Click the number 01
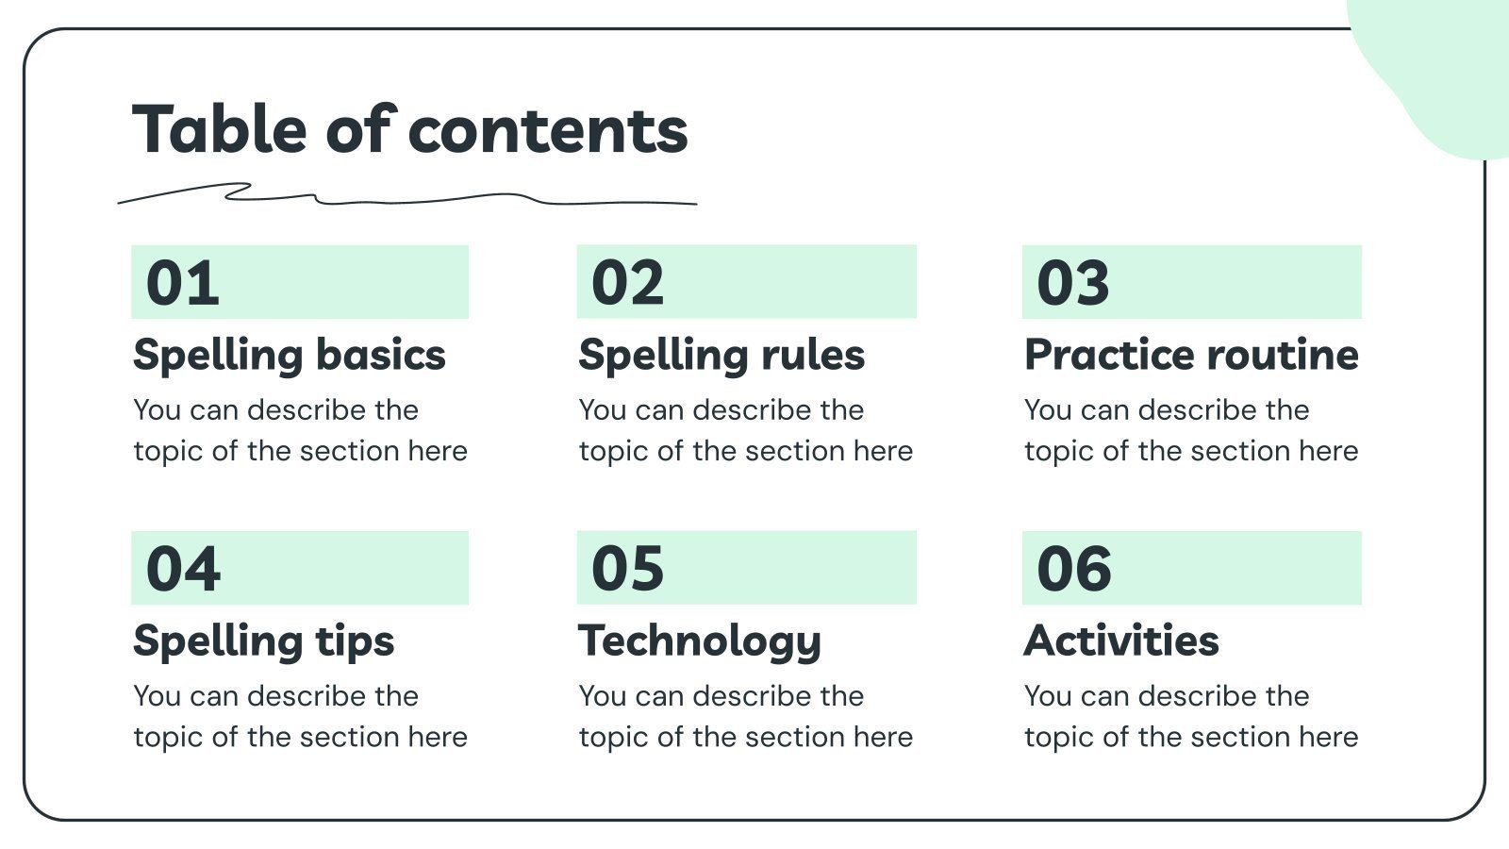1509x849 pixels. click(183, 283)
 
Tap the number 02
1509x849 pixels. click(628, 283)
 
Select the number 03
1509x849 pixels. click(1073, 283)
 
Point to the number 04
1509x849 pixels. click(183, 569)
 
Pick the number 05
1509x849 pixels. click(628, 569)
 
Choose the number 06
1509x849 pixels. click(1074, 569)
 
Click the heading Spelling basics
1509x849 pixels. click(289, 356)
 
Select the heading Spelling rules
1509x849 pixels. click(721, 356)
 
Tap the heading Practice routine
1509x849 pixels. click(1191, 356)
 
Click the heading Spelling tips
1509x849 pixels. click(263, 641)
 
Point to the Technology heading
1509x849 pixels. click(700, 641)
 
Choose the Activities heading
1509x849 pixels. click(1121, 641)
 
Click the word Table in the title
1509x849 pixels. click(220, 129)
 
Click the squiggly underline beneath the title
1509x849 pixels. click(406, 198)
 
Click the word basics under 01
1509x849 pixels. click(380, 356)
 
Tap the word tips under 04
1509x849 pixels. click(355, 641)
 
